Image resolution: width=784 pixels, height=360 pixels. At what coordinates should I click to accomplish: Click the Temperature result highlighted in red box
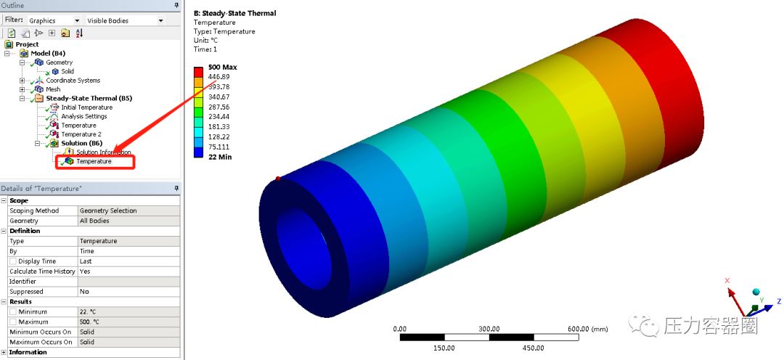click(94, 161)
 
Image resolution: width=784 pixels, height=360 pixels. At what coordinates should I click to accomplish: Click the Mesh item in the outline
click(53, 89)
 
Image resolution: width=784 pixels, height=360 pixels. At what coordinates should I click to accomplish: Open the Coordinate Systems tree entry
click(73, 81)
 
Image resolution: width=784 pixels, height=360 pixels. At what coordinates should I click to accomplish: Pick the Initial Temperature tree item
click(86, 107)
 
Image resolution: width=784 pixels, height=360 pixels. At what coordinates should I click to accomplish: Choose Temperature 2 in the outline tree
click(81, 134)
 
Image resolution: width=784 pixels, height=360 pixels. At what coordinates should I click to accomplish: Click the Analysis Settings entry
click(83, 116)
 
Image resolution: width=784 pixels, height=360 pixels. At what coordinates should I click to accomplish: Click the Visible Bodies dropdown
click(125, 21)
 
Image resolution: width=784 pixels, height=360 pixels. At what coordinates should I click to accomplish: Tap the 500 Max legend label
click(222, 67)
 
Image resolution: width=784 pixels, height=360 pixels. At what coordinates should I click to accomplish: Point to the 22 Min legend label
click(219, 157)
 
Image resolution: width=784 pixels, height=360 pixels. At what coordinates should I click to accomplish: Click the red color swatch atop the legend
click(198, 72)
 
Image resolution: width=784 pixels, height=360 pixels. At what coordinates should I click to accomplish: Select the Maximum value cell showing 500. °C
click(128, 322)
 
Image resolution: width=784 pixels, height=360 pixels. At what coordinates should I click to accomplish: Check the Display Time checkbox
click(12, 261)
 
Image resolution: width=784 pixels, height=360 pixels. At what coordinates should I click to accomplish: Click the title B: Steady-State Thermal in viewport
click(234, 13)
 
